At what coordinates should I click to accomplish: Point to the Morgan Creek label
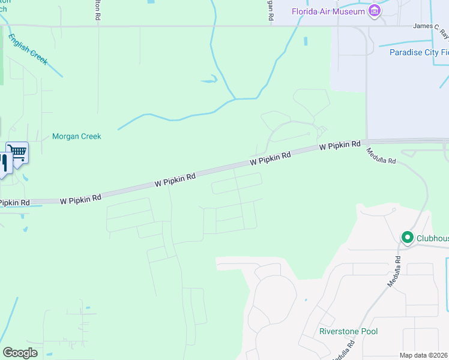click(x=76, y=136)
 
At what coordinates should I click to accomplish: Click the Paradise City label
click(x=418, y=52)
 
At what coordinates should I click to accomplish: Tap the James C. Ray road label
click(x=430, y=26)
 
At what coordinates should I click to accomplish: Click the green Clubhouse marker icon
click(x=408, y=238)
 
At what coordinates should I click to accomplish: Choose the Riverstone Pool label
click(x=348, y=331)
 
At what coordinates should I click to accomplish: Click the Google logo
click(x=20, y=353)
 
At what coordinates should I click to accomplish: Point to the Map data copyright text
click(x=424, y=355)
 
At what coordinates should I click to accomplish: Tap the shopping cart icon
click(x=18, y=154)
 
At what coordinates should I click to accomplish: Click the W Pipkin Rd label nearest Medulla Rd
click(x=340, y=145)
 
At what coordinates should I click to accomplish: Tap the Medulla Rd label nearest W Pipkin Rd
click(x=381, y=157)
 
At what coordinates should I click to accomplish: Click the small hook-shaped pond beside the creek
click(x=209, y=80)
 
